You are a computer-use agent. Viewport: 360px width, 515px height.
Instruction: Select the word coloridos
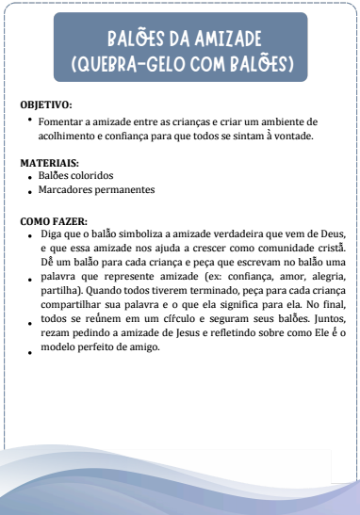coord(91,175)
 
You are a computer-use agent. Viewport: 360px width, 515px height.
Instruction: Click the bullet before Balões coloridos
coord(31,177)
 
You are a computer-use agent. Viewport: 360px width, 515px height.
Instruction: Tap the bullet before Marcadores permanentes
coord(31,190)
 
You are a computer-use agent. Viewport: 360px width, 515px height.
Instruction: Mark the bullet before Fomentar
coord(31,120)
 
